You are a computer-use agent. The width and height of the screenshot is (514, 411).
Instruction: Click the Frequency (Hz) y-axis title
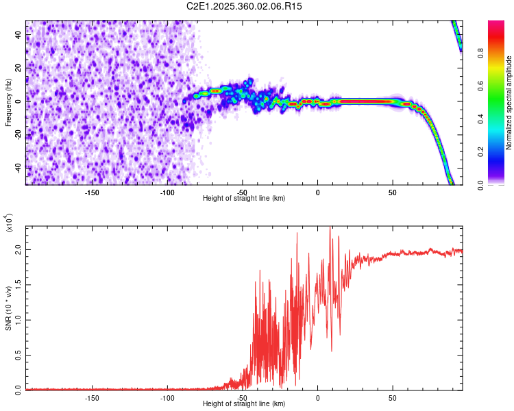(x=8, y=103)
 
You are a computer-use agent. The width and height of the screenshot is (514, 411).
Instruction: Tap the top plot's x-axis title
(x=244, y=198)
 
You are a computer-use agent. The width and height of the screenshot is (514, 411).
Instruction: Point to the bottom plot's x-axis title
(x=244, y=403)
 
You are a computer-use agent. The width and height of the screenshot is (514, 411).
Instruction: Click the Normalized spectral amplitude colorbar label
(x=509, y=103)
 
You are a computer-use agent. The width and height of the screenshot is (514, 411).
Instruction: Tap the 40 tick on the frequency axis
(x=19, y=35)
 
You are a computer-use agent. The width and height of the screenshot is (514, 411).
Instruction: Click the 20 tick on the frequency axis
(x=19, y=68)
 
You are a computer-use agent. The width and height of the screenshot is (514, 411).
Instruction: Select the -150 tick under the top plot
(x=93, y=191)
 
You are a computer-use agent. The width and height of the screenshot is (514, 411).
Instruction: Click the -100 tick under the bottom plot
(x=167, y=397)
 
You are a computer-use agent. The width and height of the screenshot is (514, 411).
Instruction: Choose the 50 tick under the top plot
(x=393, y=191)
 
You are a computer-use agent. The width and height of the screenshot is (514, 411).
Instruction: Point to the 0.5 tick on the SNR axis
(x=19, y=354)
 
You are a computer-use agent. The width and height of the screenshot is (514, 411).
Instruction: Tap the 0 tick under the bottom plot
(x=318, y=397)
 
